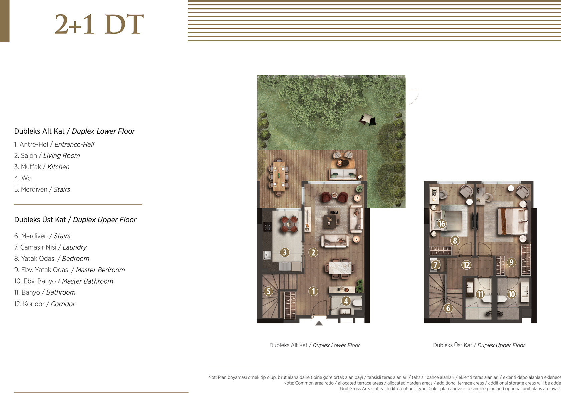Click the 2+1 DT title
tap(99, 24)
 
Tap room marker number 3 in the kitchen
tap(284, 252)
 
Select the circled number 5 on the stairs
tap(268, 291)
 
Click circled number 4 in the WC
tap(346, 301)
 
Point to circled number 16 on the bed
tap(442, 223)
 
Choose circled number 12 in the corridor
tap(466, 265)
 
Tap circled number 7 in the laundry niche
tap(435, 265)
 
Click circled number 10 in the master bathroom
tap(512, 294)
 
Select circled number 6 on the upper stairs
tap(448, 308)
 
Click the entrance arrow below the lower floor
tap(319, 323)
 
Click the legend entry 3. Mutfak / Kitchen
tap(42, 167)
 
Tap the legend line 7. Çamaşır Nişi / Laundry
tap(50, 247)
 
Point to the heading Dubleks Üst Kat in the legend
tap(40, 220)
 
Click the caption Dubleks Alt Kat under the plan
tap(288, 345)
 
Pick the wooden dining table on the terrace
tap(279, 176)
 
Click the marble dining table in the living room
tap(340, 268)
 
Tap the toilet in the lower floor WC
tap(357, 303)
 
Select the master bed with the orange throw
tap(512, 221)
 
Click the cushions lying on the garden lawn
tap(367, 119)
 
